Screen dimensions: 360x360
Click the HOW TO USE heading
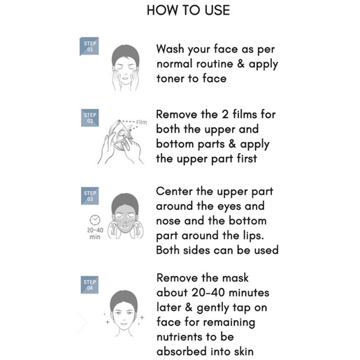click(x=188, y=10)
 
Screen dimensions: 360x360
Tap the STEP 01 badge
click(x=89, y=46)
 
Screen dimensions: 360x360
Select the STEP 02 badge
click(x=89, y=117)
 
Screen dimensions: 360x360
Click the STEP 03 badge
click(x=89, y=196)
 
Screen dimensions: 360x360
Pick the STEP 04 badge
click(x=89, y=285)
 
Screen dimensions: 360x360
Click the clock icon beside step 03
click(x=95, y=219)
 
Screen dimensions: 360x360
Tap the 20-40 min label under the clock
click(x=95, y=233)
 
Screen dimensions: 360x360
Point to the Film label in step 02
click(x=141, y=122)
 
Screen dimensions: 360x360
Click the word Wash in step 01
click(x=170, y=49)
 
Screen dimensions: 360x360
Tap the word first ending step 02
click(x=247, y=159)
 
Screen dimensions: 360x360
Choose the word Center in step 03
click(x=174, y=192)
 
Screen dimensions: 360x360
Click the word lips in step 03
click(x=254, y=236)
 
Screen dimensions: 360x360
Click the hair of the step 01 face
click(x=126, y=55)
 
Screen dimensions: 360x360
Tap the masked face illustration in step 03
click(x=125, y=217)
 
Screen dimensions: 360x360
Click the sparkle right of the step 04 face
click(x=142, y=317)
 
